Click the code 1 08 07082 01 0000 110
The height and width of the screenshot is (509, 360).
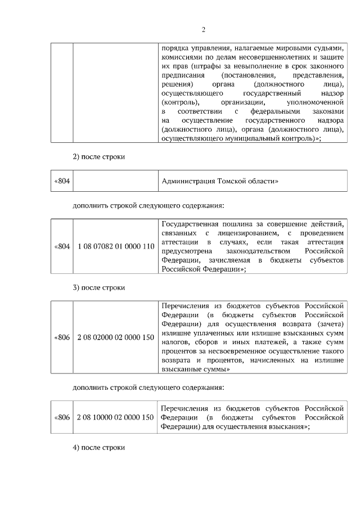pyautogui.click(x=116, y=246)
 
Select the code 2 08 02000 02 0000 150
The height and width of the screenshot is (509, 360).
pyautogui.click(x=116, y=337)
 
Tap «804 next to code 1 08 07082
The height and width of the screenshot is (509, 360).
pyautogui.click(x=62, y=246)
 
